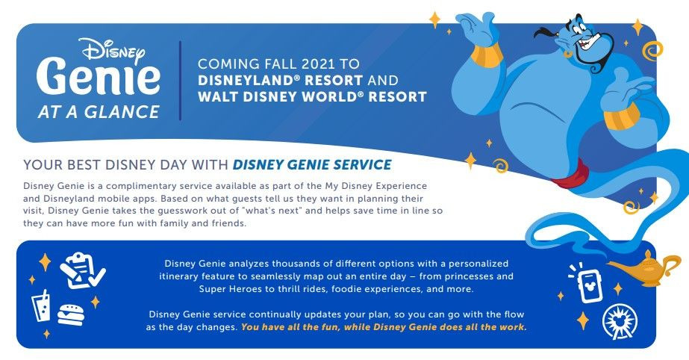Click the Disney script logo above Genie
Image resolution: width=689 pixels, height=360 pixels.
click(113, 51)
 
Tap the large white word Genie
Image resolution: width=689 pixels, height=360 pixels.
click(98, 78)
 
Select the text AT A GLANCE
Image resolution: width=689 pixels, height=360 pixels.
click(99, 112)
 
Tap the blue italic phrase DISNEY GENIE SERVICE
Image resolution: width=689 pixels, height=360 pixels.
click(312, 165)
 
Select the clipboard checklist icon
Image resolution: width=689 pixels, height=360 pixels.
click(82, 270)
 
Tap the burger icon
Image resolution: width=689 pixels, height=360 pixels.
click(71, 314)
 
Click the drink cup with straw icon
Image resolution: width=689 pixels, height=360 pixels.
click(41, 306)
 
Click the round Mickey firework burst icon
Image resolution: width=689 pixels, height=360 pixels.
click(619, 321)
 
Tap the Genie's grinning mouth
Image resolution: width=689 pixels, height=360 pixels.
click(589, 43)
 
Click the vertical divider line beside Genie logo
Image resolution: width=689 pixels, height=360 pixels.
click(180, 81)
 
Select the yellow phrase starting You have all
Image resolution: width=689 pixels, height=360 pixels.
click(384, 327)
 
